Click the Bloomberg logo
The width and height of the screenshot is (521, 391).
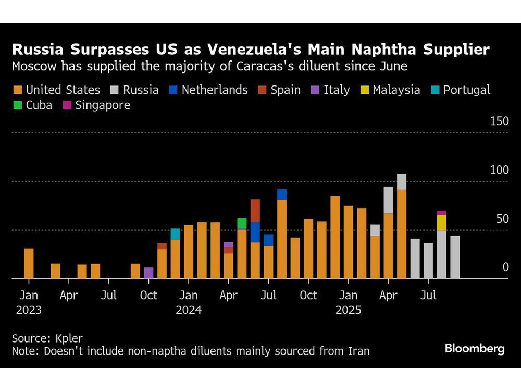475,349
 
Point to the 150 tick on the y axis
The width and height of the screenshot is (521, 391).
499,121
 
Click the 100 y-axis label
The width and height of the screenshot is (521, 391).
499,170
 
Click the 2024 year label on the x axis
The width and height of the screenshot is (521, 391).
189,310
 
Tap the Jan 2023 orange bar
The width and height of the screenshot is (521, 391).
29,263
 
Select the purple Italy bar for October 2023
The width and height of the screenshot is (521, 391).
149,273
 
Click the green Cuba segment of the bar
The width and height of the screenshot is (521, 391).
242,224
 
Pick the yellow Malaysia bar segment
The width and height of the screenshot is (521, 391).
442,223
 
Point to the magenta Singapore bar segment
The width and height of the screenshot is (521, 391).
442,213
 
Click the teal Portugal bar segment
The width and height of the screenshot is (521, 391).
175,234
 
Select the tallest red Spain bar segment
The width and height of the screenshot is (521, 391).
255,210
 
